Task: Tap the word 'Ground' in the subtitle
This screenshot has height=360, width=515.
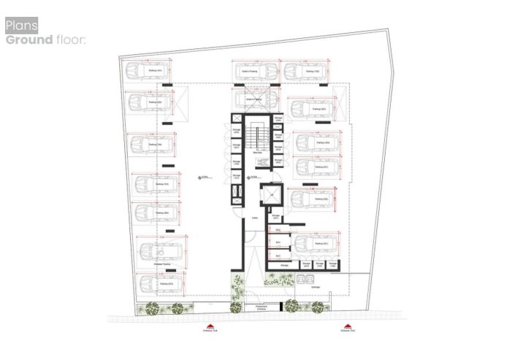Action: pyautogui.click(x=28, y=39)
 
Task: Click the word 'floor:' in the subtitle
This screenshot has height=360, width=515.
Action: pyautogui.click(x=71, y=39)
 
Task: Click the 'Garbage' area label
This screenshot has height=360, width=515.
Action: pyautogui.click(x=316, y=286)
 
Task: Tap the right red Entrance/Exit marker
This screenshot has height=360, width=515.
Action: pyautogui.click(x=347, y=327)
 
